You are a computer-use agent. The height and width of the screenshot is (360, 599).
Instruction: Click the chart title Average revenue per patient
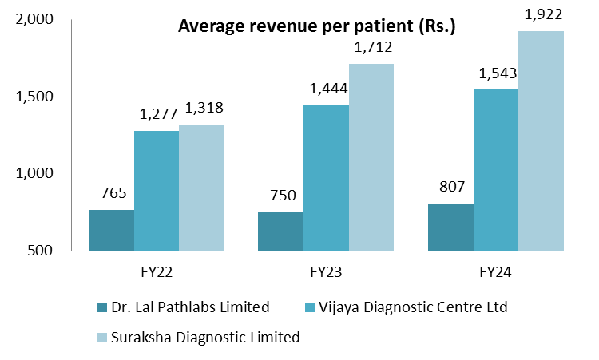click(316, 26)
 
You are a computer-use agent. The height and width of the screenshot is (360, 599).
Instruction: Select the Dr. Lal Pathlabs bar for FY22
click(111, 230)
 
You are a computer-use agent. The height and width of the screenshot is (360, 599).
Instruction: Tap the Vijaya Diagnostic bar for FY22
click(157, 190)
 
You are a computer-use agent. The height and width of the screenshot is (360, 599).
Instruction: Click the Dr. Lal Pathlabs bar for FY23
click(280, 231)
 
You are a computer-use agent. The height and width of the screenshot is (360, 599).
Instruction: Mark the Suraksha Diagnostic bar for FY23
click(371, 156)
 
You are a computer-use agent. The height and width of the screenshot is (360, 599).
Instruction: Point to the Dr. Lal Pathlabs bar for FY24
click(450, 227)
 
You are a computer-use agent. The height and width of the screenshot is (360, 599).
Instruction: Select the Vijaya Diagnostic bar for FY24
click(496, 169)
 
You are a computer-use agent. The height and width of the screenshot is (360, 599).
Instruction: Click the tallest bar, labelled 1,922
click(541, 140)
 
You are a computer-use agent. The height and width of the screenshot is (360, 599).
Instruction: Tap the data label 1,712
click(371, 49)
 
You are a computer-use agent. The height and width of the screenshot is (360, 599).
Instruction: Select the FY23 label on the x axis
click(326, 271)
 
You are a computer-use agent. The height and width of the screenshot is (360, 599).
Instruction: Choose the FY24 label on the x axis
click(496, 271)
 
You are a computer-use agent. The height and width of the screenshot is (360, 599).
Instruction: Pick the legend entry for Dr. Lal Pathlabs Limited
click(182, 307)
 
